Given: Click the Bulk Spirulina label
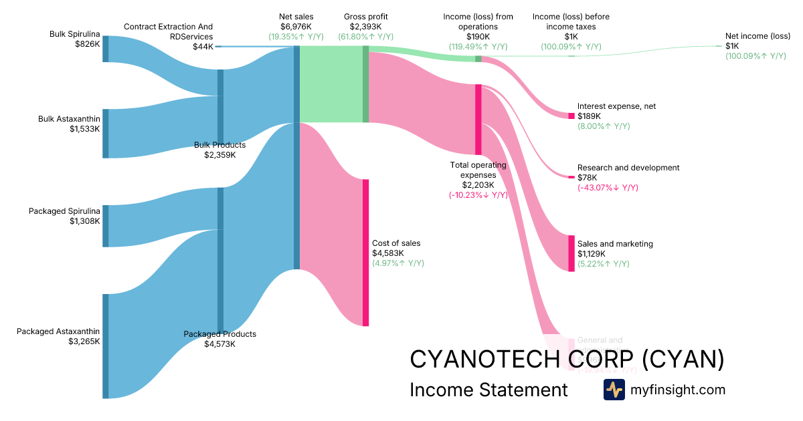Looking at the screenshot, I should point(74,33).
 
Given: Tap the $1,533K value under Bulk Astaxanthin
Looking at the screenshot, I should point(84,129).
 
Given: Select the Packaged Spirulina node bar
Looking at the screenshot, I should point(106,226).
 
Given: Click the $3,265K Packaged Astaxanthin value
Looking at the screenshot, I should point(84,341).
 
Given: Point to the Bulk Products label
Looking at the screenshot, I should point(219,145).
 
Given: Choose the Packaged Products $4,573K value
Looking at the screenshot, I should point(219,344).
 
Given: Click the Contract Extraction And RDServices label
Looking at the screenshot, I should point(168,31).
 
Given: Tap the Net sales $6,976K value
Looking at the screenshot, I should point(296,26).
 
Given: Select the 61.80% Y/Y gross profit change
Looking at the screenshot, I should point(365,37).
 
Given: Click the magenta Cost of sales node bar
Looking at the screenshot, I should point(365,253).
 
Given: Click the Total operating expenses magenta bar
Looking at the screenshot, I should point(478,120).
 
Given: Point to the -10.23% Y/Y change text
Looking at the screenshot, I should point(478,195).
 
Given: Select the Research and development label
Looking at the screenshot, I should point(628,168).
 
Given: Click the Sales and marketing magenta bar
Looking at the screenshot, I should point(571,253).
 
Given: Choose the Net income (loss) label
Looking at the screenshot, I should point(757,36).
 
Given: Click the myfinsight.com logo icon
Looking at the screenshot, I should point(614,390).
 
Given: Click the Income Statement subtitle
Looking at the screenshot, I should point(488,390).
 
